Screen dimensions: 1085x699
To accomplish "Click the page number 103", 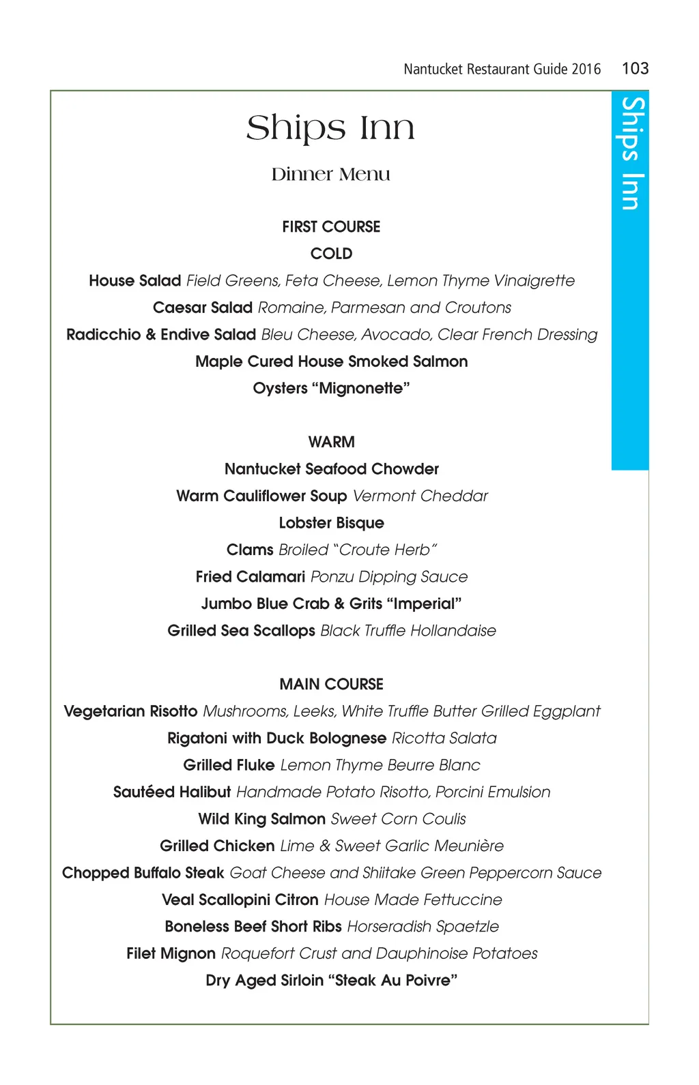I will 635,68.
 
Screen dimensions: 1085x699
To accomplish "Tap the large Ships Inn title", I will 330,128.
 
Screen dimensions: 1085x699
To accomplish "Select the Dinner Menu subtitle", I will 330,175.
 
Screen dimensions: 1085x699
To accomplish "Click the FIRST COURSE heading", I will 331,227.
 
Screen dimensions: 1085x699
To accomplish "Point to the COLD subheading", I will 331,254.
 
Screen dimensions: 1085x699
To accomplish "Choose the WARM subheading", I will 331,442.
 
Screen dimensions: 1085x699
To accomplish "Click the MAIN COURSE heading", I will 331,684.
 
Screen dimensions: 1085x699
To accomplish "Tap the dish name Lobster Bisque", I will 331,523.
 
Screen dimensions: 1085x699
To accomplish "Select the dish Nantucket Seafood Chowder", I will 331,469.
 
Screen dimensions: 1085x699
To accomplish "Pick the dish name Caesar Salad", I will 203,308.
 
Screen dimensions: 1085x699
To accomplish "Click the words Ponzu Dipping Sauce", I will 389,577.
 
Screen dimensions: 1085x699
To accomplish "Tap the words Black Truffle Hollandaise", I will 408,631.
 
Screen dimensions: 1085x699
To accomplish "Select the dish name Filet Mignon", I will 171,953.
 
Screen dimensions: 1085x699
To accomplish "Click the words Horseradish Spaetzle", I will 423,927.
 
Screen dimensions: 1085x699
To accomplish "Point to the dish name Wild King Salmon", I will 261,819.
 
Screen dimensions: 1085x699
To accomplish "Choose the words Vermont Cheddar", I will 420,496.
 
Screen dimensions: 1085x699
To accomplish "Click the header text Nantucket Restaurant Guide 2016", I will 502,69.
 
